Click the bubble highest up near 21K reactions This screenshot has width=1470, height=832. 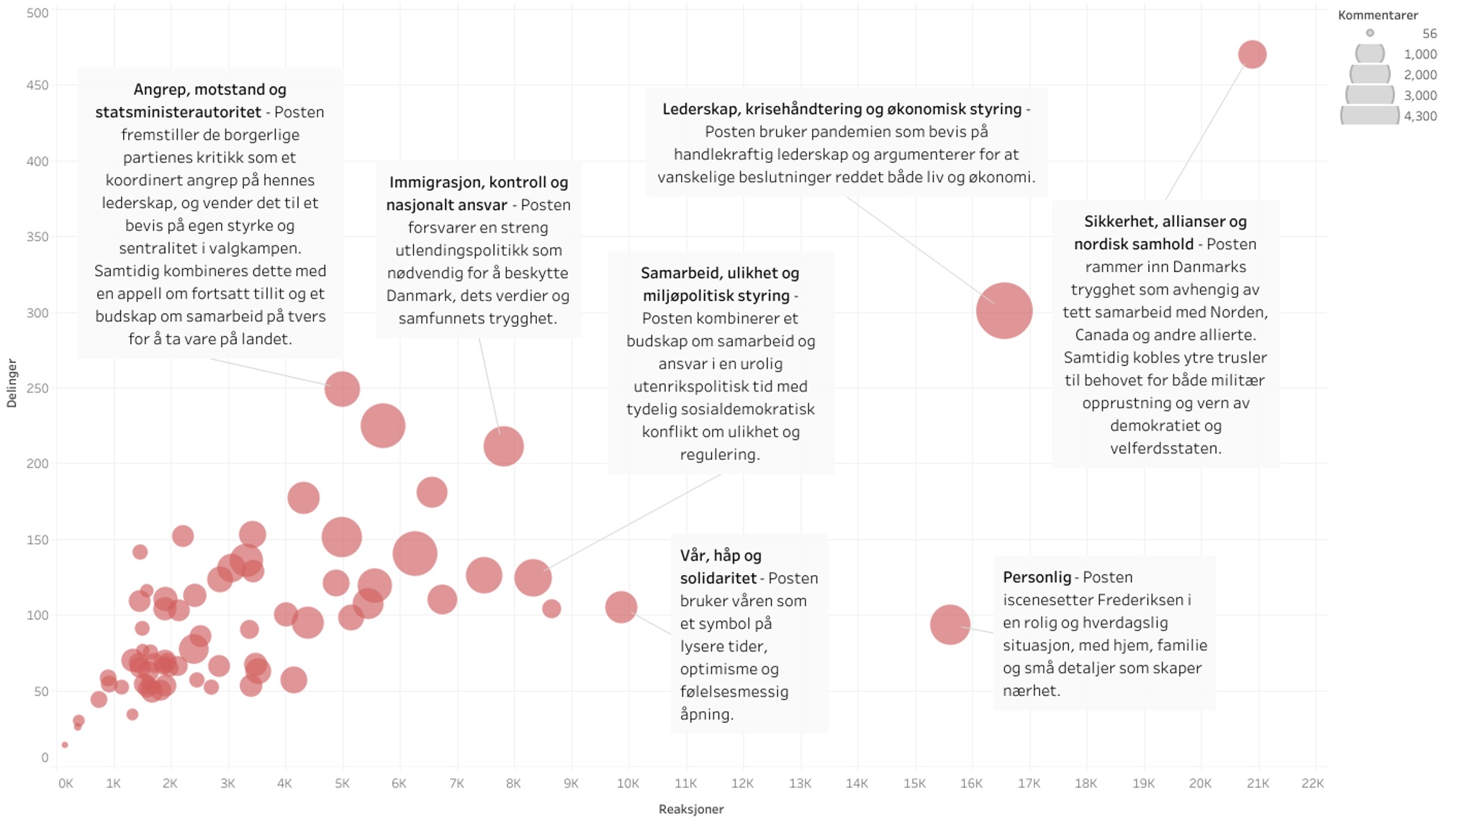pos(1252,55)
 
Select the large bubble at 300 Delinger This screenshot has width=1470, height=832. pos(1004,311)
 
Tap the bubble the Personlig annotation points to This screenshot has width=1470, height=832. pos(950,624)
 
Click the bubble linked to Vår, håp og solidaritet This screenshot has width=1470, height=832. pos(621,607)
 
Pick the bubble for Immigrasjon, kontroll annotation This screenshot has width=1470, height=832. pos(503,446)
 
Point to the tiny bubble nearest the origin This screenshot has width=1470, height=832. pos(65,745)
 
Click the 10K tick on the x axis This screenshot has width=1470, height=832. pos(628,783)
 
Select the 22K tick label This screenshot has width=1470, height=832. pos(1312,783)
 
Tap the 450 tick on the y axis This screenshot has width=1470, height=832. pos(37,85)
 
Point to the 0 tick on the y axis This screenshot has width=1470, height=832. pos(45,757)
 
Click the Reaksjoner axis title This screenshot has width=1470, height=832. pos(690,809)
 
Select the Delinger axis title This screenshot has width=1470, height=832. pos(12,383)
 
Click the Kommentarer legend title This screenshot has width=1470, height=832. pos(1377,15)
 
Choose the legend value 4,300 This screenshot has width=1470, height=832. pos(1420,116)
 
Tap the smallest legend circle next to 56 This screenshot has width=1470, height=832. pos(1370,33)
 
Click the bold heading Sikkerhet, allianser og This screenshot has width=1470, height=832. pos(1165,222)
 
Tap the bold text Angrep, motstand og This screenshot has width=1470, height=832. pos(209,90)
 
